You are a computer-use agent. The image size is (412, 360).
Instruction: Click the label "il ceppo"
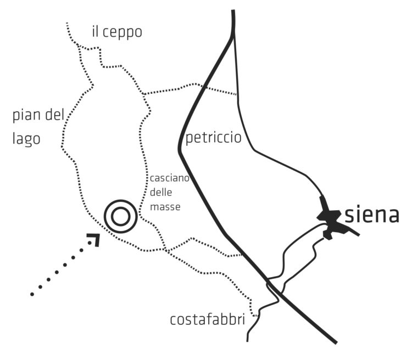[x=117, y=32]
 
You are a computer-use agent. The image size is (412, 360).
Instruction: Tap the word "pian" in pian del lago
[x=26, y=116]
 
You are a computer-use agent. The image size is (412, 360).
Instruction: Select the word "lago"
[x=26, y=139]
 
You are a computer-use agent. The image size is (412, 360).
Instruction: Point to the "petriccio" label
[x=213, y=138]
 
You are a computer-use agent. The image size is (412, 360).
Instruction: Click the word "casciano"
[x=170, y=178]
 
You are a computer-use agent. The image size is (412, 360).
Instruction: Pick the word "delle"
[x=161, y=192]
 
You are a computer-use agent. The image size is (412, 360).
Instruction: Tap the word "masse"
[x=165, y=207]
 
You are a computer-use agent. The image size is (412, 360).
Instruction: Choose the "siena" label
[x=371, y=215]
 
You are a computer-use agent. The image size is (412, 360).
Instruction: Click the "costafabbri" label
[x=207, y=320]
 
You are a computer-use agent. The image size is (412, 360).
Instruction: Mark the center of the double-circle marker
[x=121, y=216]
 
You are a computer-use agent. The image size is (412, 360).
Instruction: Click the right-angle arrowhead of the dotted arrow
[x=95, y=239]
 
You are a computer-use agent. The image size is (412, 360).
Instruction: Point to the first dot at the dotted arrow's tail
[x=32, y=294]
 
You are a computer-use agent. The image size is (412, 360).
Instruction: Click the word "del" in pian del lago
[x=54, y=115]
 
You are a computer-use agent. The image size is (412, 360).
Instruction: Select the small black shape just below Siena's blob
[x=327, y=235]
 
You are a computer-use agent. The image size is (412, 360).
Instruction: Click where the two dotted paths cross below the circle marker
[x=165, y=250]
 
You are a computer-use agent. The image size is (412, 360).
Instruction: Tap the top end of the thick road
[x=233, y=10]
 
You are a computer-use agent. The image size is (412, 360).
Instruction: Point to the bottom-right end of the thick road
[x=336, y=342]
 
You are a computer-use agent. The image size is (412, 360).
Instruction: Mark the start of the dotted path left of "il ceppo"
[x=67, y=24]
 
